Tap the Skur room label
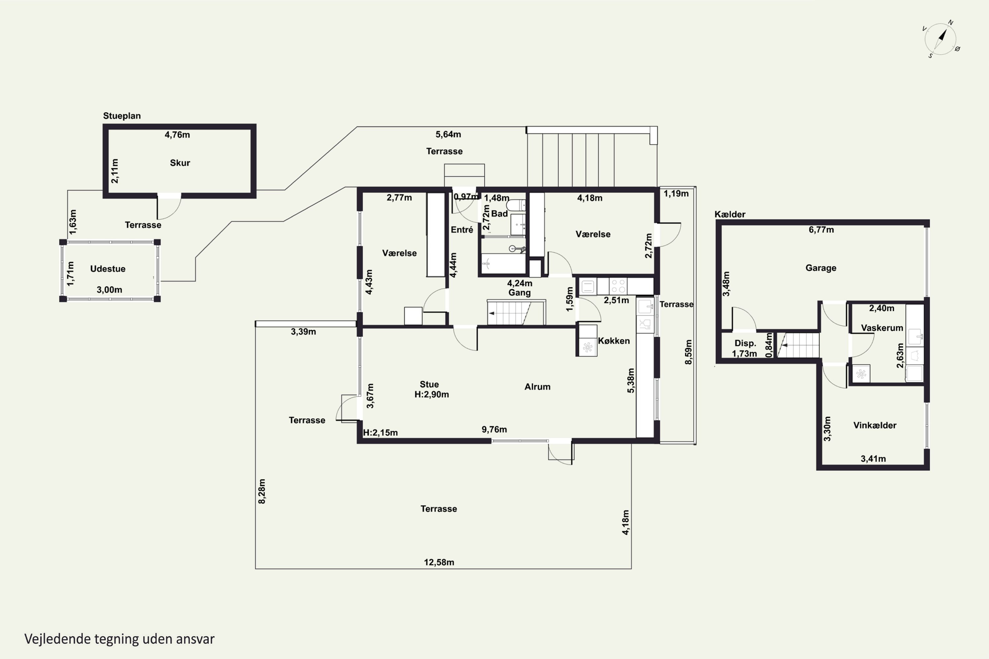coord(180,163)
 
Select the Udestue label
coord(108,269)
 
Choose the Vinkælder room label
coord(875,425)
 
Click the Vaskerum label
coord(882,328)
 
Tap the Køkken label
coord(614,341)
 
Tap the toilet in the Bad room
coord(516,205)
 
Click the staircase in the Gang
coord(516,312)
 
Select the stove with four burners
coord(618,286)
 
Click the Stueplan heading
coord(122,116)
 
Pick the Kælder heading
coord(730,215)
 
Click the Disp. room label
coord(745,343)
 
